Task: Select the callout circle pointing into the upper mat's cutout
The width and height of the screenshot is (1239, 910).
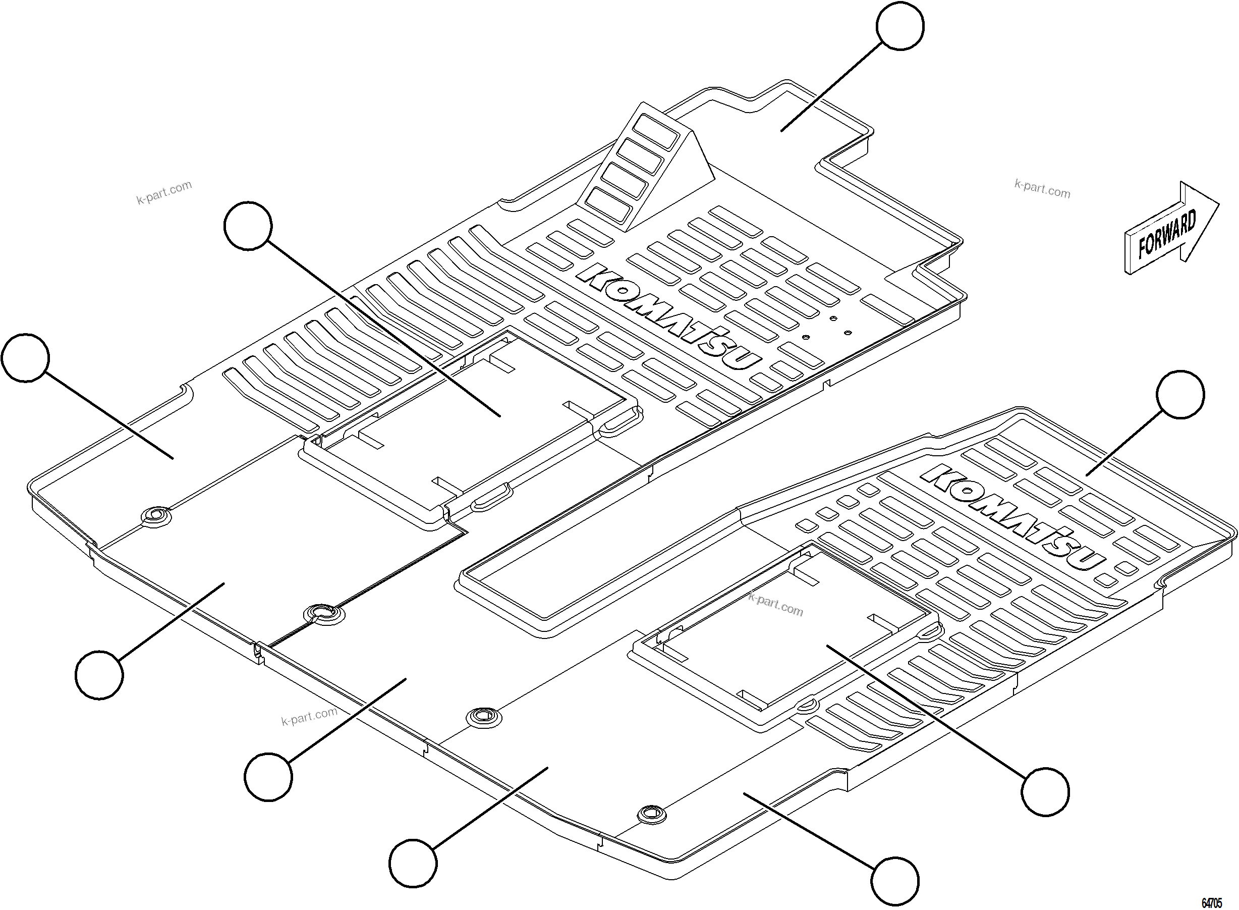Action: coord(248,226)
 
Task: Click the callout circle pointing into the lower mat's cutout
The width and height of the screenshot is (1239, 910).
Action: coord(1045,791)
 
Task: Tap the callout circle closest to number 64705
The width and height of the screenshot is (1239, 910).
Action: coord(895,880)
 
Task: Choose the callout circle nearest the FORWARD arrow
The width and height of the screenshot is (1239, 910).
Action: coord(1180,394)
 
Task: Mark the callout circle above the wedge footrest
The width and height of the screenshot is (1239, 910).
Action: coord(900,26)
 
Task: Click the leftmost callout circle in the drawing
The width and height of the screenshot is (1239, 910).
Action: coord(25,357)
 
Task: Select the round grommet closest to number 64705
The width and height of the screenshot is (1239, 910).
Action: coord(650,813)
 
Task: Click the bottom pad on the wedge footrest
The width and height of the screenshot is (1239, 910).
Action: coord(608,207)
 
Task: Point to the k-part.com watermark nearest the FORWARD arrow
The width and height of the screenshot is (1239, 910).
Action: coord(1042,189)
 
